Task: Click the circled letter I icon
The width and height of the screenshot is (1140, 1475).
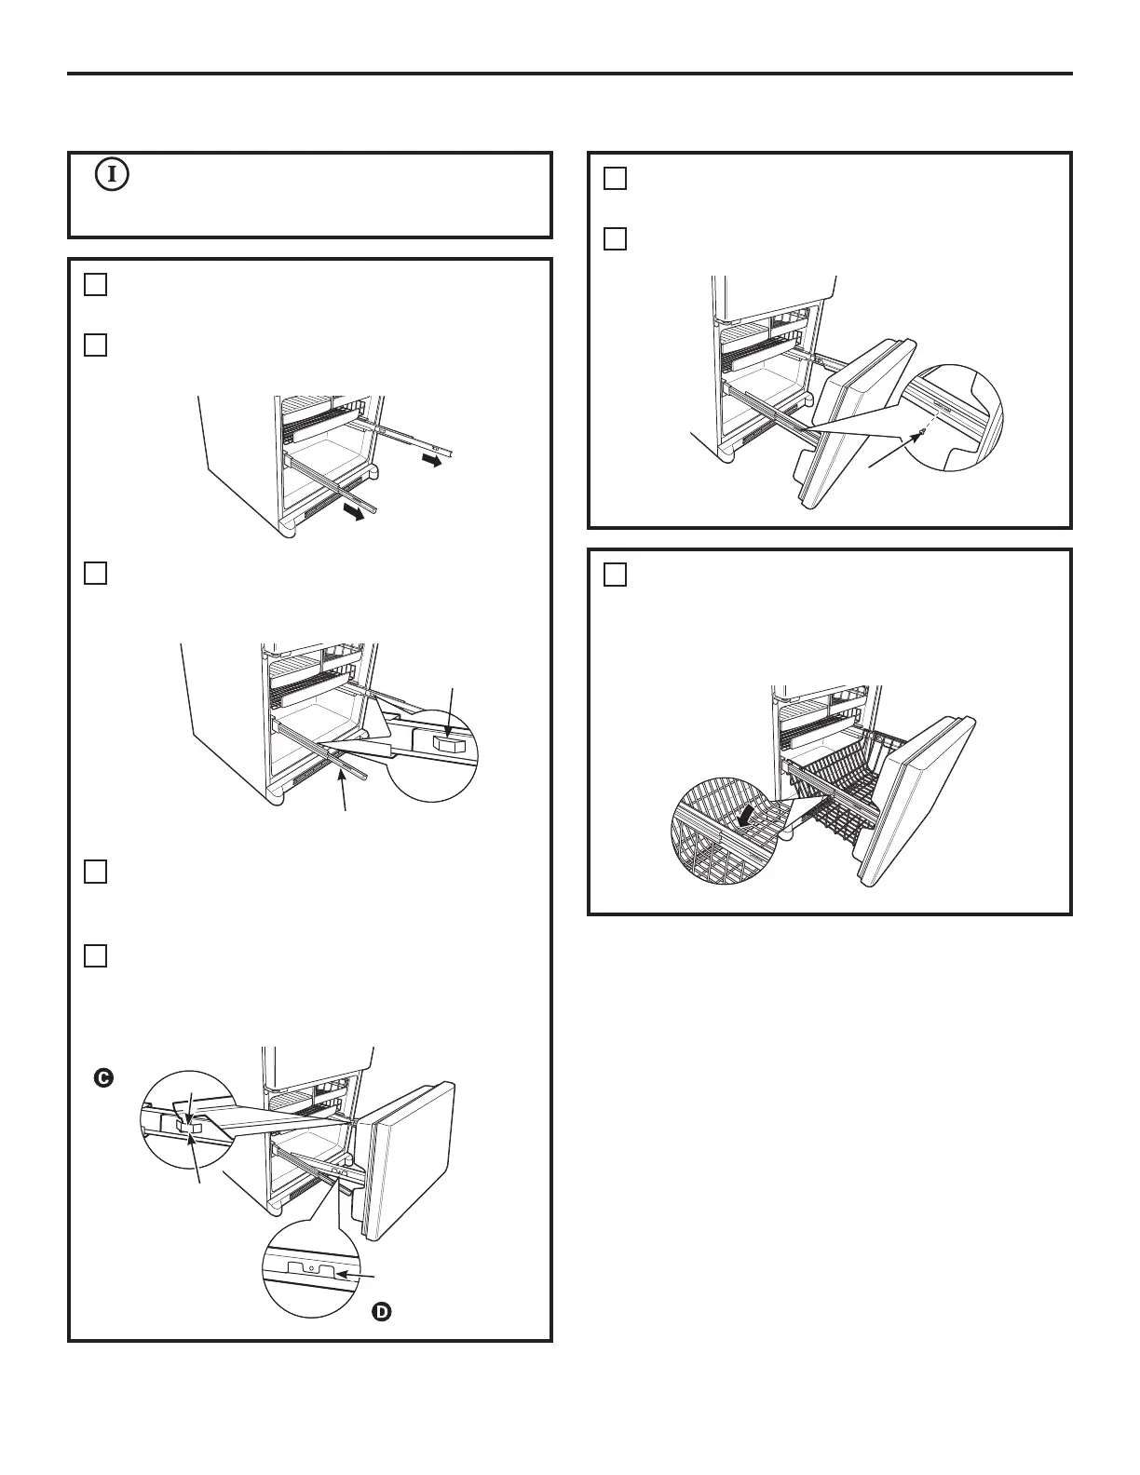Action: (x=113, y=175)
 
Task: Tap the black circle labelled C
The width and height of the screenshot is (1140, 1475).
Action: (x=104, y=1078)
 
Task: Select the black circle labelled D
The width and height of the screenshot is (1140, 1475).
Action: (x=382, y=1312)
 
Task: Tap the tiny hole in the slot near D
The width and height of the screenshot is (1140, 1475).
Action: (x=311, y=1267)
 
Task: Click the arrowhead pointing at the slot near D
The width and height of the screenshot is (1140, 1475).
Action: (x=344, y=1275)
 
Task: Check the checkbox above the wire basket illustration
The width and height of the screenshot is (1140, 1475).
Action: (x=615, y=575)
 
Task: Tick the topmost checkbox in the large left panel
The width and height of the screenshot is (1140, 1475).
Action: (x=95, y=284)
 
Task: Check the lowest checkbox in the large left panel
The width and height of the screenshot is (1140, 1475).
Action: (x=95, y=955)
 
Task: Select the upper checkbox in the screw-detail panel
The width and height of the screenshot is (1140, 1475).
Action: (x=615, y=179)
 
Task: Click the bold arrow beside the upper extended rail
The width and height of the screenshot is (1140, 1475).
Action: (x=431, y=461)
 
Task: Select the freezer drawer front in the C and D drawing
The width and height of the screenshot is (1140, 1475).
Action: (x=407, y=1160)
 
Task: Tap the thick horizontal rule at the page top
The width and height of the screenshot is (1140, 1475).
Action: (x=570, y=74)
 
